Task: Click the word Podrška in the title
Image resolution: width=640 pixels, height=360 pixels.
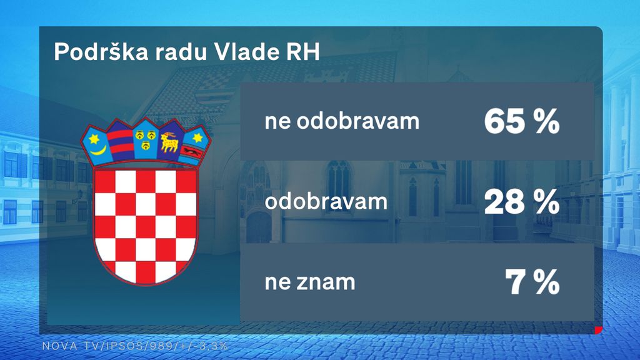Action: [101, 52]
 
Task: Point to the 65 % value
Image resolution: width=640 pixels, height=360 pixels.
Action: [522, 122]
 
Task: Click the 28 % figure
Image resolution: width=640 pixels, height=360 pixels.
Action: [522, 202]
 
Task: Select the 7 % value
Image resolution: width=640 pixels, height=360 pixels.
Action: [532, 282]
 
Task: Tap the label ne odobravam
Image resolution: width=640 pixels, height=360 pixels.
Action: [342, 121]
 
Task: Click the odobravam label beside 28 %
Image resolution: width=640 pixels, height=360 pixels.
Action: [326, 201]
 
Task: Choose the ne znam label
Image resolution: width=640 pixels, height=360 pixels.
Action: [310, 282]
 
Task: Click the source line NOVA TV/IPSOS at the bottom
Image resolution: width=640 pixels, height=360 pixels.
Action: [135, 346]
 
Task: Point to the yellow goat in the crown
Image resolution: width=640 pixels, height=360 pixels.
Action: [169, 142]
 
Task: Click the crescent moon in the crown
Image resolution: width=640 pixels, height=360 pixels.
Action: [98, 150]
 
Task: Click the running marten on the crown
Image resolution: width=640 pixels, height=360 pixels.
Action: [192, 152]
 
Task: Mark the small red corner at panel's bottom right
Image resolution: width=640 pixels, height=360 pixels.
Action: [599, 330]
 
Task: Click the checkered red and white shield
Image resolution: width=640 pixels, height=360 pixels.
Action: [145, 226]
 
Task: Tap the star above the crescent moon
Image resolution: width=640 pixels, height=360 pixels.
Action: [94, 139]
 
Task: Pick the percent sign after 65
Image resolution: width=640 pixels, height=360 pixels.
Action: [547, 122]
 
